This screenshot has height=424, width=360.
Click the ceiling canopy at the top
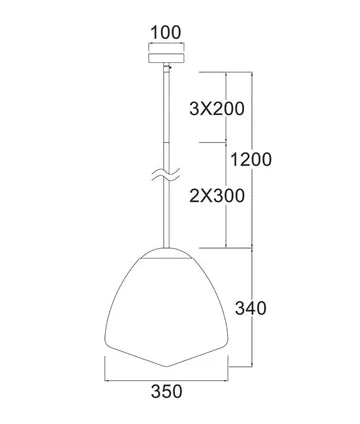point(166,55)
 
